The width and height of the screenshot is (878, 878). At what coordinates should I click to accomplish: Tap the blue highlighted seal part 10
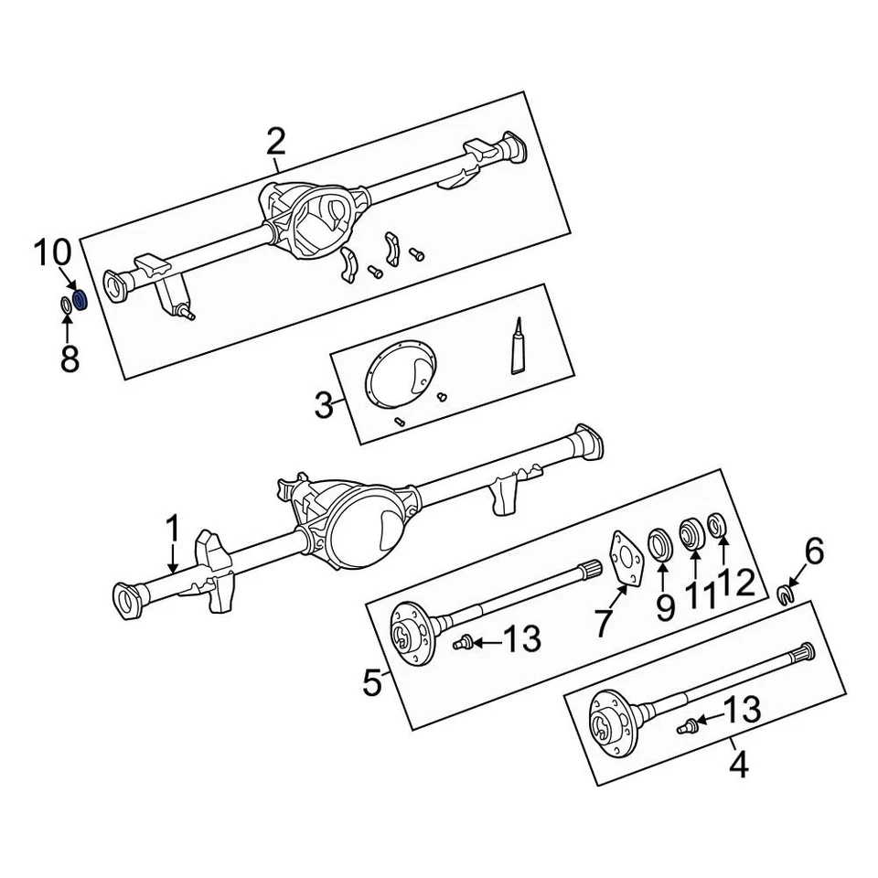[80, 300]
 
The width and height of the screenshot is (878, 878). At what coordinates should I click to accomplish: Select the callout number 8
[70, 359]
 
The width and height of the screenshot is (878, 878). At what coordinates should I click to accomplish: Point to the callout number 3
[324, 404]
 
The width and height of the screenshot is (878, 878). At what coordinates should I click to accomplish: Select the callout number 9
[664, 605]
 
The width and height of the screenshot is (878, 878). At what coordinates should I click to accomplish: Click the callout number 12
[737, 583]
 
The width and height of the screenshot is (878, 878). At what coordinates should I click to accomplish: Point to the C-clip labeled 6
[785, 596]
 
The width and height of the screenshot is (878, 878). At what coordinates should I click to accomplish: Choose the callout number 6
[813, 551]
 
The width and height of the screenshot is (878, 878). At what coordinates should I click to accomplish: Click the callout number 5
[371, 682]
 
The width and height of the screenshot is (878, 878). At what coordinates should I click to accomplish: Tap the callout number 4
[738, 765]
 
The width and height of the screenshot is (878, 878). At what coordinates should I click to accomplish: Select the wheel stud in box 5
[462, 643]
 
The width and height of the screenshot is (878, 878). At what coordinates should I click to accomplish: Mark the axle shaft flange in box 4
[610, 723]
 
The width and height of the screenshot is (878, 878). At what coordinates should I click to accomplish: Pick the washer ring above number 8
[67, 305]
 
